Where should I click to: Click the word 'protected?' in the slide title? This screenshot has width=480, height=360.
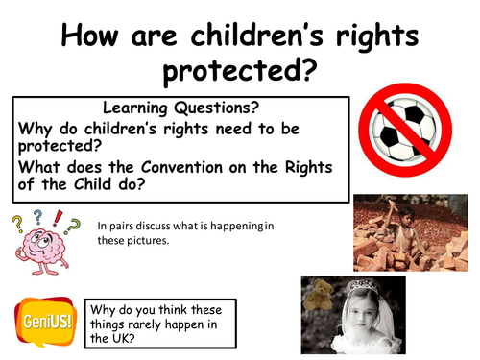click(x=240, y=69)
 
